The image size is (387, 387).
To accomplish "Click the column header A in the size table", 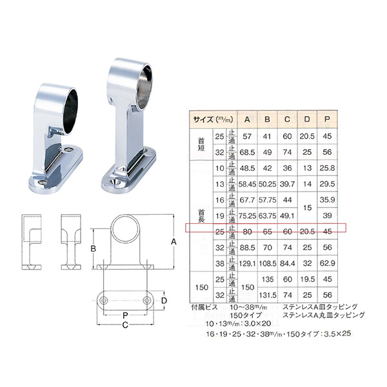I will pos(247,119).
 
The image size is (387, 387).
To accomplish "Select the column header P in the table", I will pos(328,119).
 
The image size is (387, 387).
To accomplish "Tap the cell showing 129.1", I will pos(247,263).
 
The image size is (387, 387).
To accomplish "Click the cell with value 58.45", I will pos(247,183).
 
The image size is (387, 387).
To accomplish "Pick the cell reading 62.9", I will pos(328,263).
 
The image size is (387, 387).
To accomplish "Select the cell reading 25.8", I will pos(328,168).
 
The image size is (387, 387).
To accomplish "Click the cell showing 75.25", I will pos(247,215).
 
